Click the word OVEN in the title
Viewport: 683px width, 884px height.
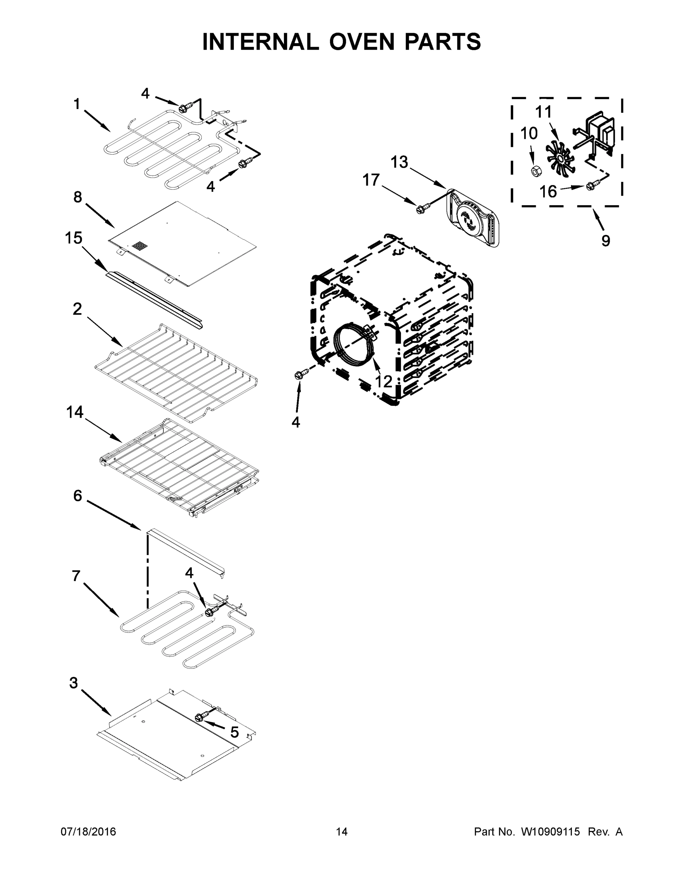361,42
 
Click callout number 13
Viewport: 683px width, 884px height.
399,162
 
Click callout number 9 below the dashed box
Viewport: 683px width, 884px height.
605,241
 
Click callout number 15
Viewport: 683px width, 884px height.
73,238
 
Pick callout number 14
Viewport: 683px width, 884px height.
74,412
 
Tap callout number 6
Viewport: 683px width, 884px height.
77,495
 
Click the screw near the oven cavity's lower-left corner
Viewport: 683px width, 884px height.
299,375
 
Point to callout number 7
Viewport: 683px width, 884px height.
76,575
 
